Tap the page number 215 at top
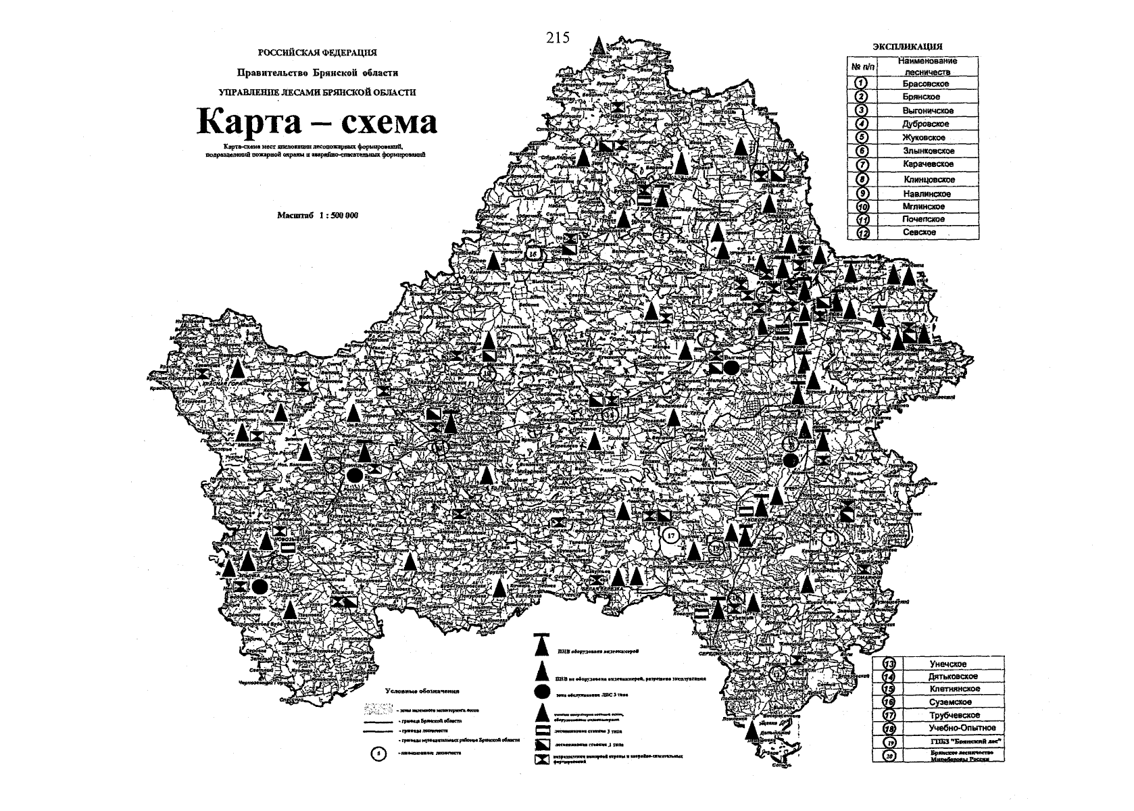[x=558, y=39]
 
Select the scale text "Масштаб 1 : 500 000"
[x=318, y=215]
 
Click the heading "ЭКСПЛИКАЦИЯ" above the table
[x=908, y=47]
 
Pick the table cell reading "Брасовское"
[x=925, y=84]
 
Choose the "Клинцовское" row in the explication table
[x=929, y=180]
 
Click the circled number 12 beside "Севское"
[x=862, y=232]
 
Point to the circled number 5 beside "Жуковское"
[x=862, y=137]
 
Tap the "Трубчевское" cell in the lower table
[x=952, y=715]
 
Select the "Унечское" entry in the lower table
[x=952, y=664]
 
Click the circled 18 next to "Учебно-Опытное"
[x=890, y=728]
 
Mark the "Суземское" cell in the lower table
[x=952, y=702]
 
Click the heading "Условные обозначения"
[x=422, y=691]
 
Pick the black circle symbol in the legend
[x=541, y=691]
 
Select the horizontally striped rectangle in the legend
[x=541, y=731]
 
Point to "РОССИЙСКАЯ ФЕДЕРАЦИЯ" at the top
[x=317, y=52]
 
